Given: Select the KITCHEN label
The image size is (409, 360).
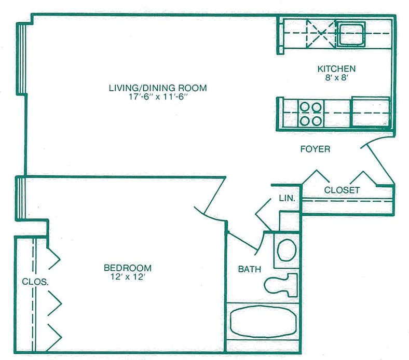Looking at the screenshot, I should [x=336, y=69].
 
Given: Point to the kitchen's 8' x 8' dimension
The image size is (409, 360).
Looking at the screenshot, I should [x=336, y=78].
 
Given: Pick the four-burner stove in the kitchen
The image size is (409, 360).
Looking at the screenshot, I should [x=311, y=113].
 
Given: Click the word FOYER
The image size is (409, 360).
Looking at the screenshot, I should [x=315, y=149].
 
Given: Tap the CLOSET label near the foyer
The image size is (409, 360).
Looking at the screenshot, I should [x=342, y=190].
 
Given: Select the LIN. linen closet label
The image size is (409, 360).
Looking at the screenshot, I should [x=287, y=199].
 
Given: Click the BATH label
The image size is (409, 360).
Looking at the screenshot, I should [x=249, y=269].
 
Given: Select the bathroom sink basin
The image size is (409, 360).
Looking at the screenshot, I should [x=287, y=250].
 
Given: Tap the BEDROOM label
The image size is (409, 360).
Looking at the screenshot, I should [x=128, y=268].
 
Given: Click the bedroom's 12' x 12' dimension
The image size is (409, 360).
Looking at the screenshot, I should [x=128, y=277].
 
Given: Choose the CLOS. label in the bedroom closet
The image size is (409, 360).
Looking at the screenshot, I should [x=35, y=283].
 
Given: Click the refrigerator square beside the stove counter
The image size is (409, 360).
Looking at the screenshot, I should [x=370, y=112].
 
